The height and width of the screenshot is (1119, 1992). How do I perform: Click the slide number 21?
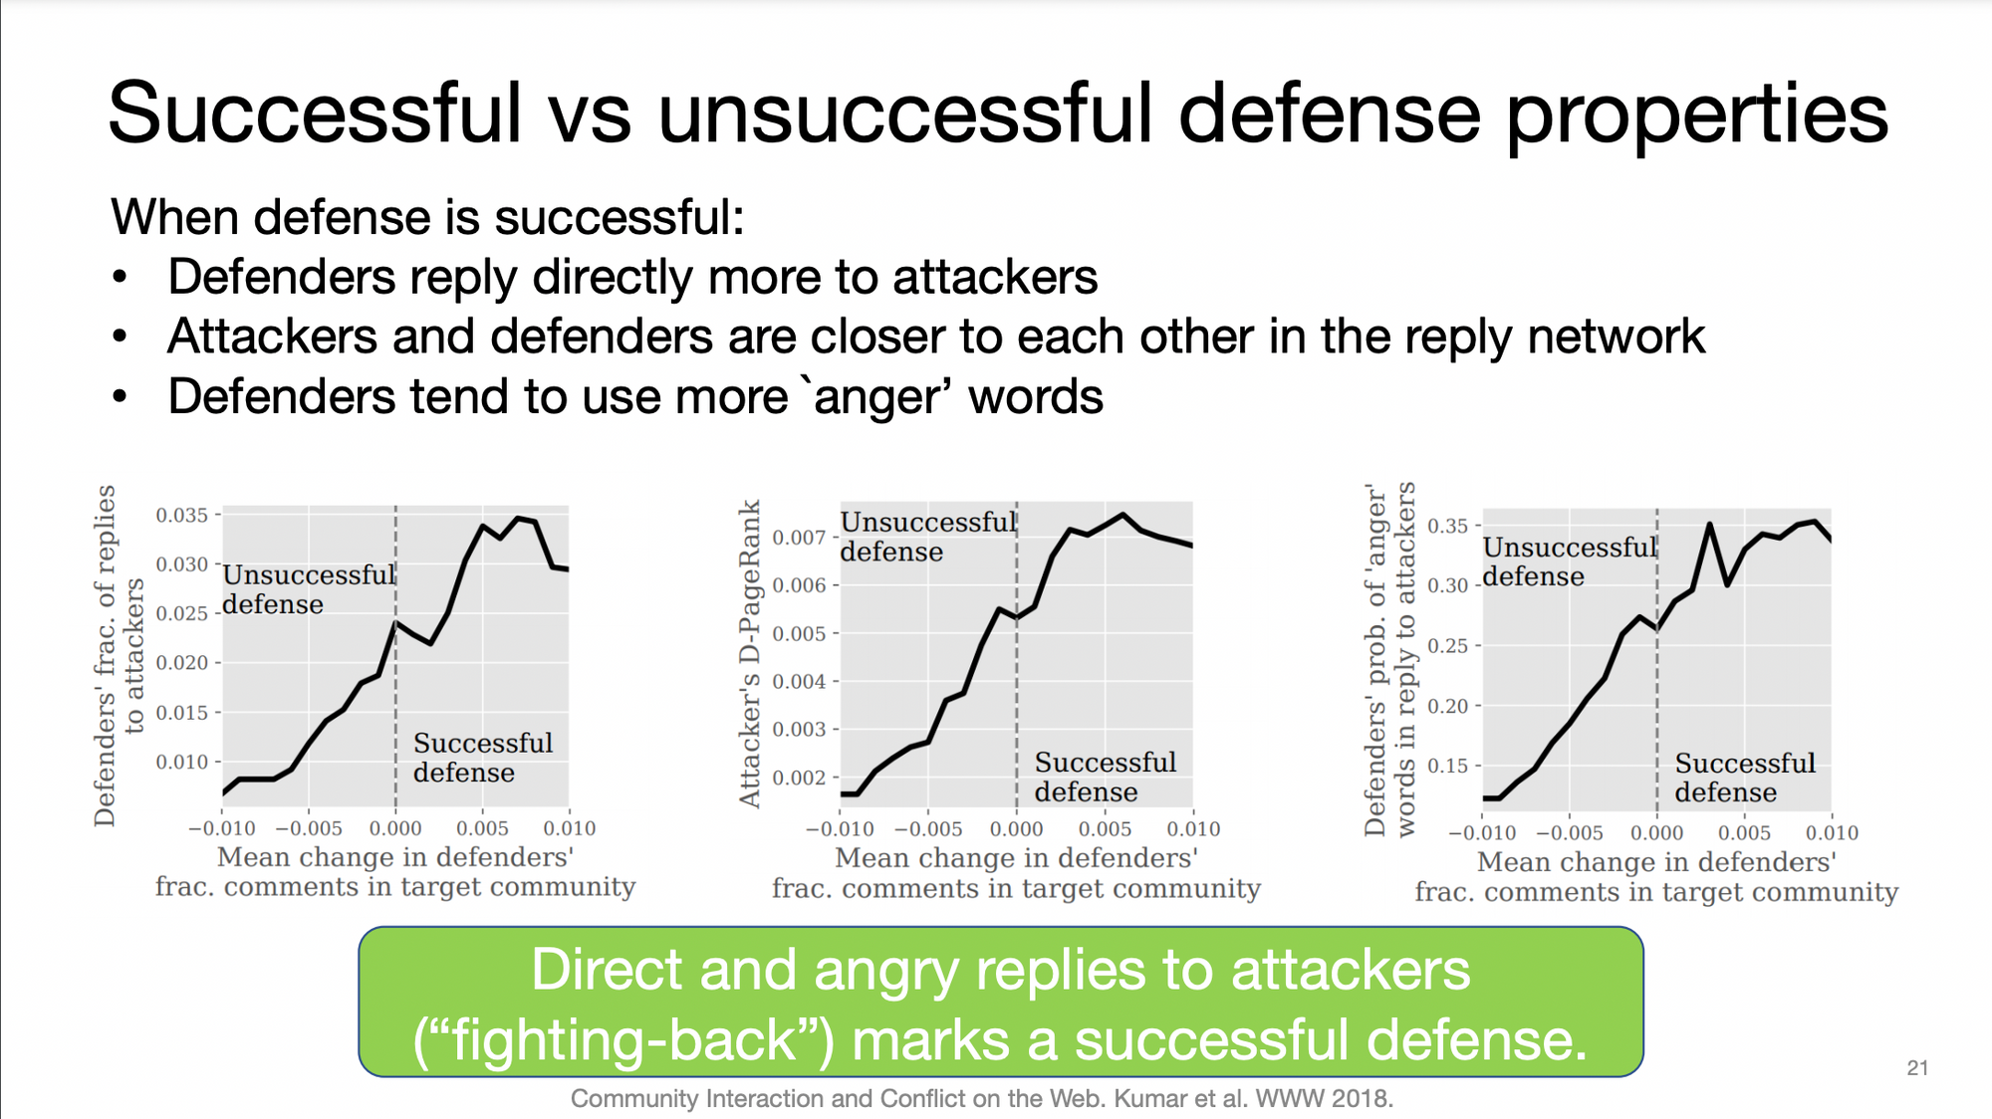[1917, 1068]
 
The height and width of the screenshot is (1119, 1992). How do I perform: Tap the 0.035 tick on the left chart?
[181, 515]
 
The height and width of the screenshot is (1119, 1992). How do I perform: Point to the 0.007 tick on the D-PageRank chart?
[799, 538]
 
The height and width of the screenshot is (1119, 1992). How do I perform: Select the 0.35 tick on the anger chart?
[1448, 526]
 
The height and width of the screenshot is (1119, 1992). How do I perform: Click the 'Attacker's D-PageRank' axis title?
[749, 653]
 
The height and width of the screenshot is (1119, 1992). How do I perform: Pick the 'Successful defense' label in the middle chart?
[1106, 777]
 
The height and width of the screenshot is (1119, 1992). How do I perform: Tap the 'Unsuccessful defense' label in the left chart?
[310, 589]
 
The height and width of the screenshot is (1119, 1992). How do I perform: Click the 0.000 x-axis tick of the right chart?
[1657, 833]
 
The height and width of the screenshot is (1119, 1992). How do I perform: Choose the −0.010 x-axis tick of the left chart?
[222, 828]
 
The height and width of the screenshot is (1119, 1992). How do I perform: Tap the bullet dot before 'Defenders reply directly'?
[121, 277]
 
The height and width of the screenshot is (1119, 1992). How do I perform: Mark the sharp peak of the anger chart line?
[1709, 524]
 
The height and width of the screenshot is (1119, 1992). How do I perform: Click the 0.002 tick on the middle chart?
[799, 778]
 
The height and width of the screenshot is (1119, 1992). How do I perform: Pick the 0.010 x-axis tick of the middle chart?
[1193, 829]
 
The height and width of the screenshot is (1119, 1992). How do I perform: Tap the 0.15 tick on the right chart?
[1448, 766]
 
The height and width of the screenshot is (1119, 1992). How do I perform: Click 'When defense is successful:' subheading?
[428, 217]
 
